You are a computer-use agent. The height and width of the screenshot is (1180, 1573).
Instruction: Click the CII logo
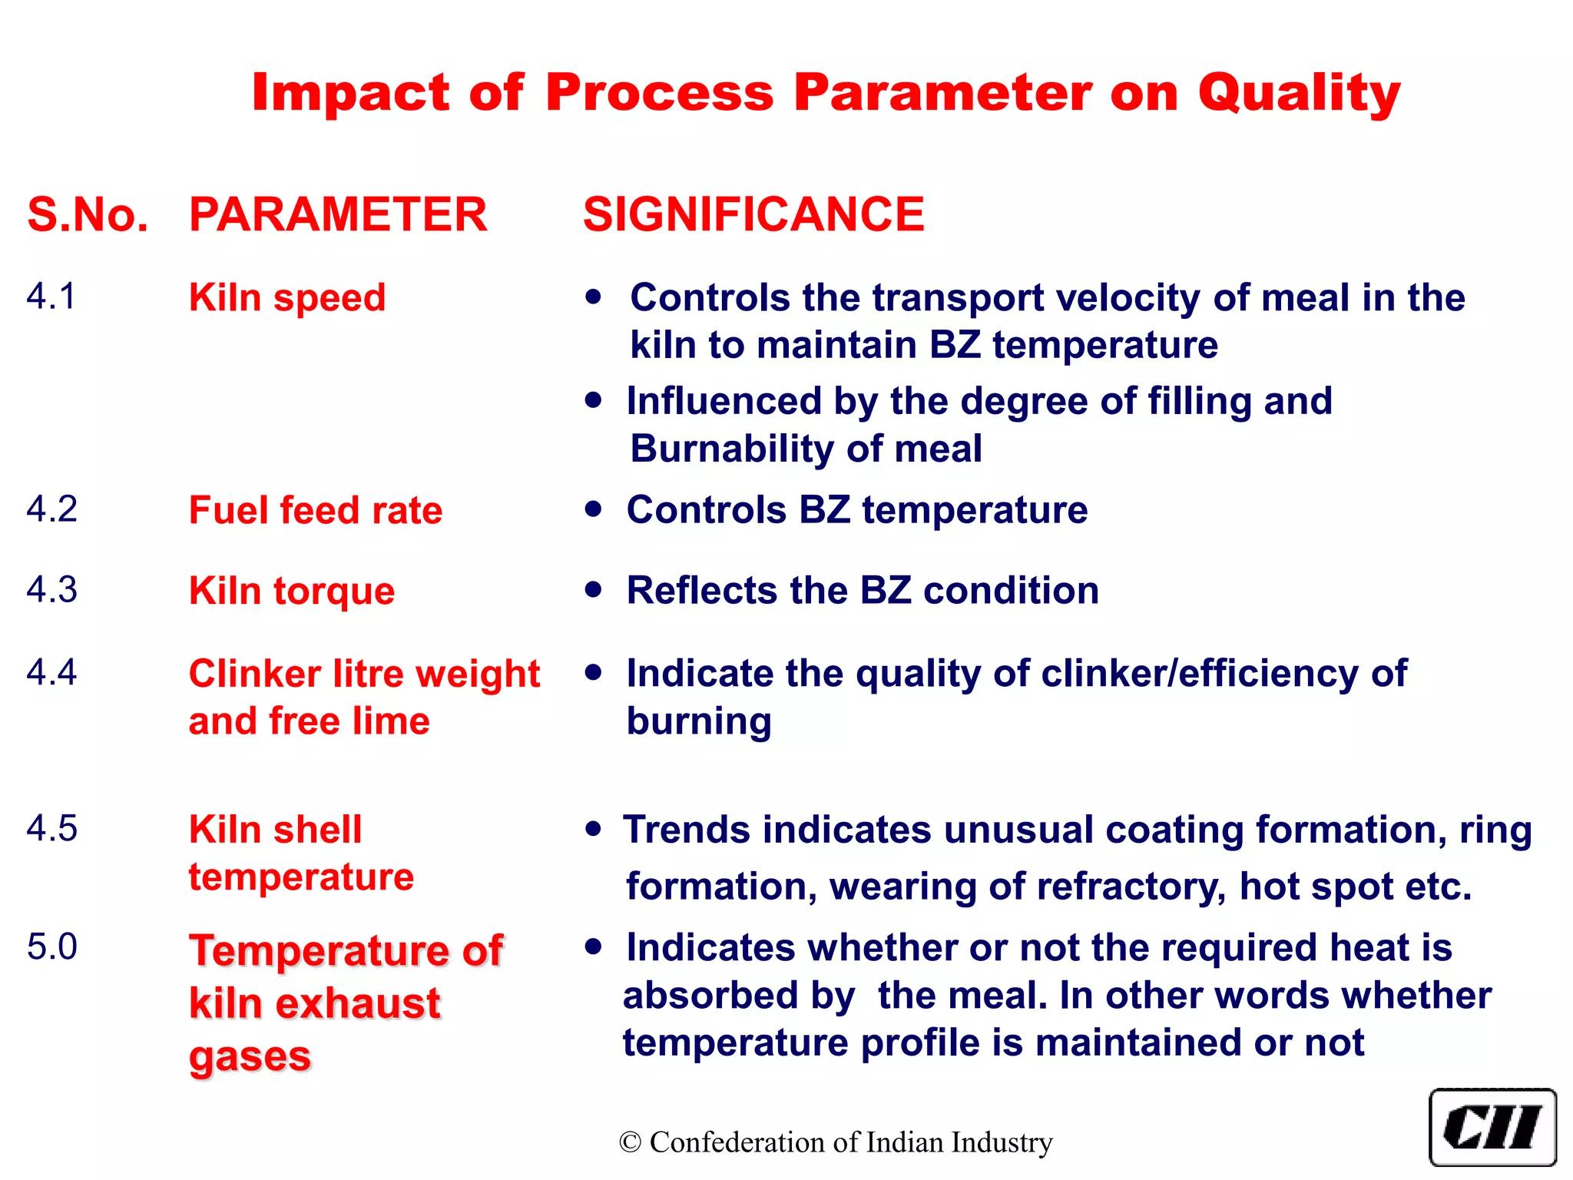(x=1492, y=1127)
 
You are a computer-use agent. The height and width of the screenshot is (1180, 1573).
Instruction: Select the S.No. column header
(x=88, y=214)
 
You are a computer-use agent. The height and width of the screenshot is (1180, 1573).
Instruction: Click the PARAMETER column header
(x=338, y=214)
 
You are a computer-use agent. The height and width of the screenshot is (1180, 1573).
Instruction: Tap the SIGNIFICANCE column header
(x=753, y=214)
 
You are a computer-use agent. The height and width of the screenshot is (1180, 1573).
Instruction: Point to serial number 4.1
(x=51, y=297)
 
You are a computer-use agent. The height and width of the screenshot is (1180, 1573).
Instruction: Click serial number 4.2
(x=51, y=509)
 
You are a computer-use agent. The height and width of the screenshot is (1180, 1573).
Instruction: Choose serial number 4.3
(x=51, y=590)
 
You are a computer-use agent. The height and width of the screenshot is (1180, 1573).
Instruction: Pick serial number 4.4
(x=51, y=672)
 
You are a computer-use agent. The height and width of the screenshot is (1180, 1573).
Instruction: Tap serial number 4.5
(x=51, y=829)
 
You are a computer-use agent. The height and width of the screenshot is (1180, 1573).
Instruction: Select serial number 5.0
(x=51, y=946)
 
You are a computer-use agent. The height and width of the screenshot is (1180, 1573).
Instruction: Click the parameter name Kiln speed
(x=287, y=298)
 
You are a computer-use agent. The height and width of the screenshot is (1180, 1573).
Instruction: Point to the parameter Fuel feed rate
(x=316, y=511)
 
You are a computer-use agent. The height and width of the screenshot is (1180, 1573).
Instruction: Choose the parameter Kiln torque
(x=292, y=592)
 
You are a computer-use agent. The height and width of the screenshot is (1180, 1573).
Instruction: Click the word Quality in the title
(x=1300, y=94)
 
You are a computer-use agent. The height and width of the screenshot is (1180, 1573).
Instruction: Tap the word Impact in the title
(x=350, y=94)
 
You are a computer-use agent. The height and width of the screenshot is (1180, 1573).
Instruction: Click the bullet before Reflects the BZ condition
(x=593, y=590)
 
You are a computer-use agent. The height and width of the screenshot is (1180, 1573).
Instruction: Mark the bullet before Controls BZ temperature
(x=593, y=509)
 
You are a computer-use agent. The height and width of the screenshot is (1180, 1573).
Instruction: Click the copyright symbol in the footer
(x=630, y=1142)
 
